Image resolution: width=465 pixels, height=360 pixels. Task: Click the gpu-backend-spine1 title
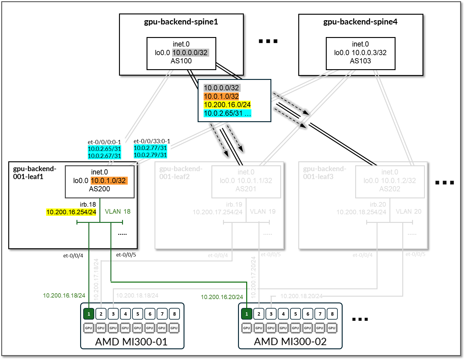[181, 22]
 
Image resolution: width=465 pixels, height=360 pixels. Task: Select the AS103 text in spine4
[360, 61]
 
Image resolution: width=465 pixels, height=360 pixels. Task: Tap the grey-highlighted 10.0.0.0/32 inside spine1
[190, 53]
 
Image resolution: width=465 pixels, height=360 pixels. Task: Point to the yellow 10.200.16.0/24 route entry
[227, 105]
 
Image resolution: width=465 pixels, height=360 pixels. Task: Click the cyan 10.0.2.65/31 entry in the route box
[223, 113]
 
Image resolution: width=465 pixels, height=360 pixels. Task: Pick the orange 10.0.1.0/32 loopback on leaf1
[109, 181]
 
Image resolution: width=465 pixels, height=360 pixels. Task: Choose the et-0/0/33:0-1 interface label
[152, 141]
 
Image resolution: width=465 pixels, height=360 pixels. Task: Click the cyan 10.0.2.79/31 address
[150, 155]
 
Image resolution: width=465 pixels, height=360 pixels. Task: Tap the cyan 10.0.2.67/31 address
[104, 156]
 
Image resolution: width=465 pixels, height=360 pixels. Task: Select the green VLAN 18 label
[117, 212]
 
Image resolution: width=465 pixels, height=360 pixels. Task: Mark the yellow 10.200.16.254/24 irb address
[71, 212]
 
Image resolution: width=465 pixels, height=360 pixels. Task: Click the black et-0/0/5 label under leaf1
[126, 255]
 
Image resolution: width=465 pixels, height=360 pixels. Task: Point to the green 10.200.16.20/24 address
[222, 297]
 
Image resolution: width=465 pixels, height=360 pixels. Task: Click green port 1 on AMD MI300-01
[89, 314]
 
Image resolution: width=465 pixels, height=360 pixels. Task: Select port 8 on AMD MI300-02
[332, 314]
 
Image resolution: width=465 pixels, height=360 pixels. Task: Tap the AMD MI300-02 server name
[290, 342]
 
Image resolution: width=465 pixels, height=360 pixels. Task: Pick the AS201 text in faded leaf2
[246, 189]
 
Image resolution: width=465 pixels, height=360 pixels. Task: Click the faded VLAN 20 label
[408, 212]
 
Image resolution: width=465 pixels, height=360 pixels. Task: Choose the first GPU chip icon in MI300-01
[88, 328]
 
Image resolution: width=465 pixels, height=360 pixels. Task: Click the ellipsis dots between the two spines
[268, 41]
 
